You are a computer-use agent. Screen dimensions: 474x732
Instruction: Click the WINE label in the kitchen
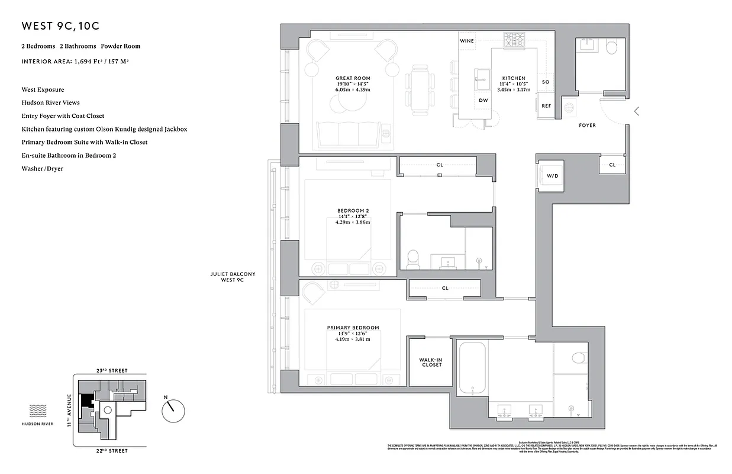click(467, 41)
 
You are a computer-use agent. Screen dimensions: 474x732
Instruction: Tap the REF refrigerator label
click(546, 106)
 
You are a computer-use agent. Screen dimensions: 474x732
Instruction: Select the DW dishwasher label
click(483, 101)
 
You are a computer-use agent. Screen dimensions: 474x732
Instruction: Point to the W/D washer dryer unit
click(552, 176)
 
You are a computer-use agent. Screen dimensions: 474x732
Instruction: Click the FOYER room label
click(587, 126)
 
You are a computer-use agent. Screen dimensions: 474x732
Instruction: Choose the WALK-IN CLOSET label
click(430, 362)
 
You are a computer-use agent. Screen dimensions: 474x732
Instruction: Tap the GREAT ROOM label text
click(353, 78)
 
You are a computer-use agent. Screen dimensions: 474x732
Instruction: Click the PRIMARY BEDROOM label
click(353, 328)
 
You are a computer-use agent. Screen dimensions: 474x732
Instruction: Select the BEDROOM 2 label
click(353, 211)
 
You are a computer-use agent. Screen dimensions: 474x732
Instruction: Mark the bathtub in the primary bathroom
click(472, 368)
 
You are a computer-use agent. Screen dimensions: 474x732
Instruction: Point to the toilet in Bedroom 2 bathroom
click(413, 259)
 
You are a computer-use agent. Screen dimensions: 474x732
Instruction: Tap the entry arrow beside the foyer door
click(637, 111)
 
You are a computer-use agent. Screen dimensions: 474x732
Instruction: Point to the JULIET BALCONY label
click(233, 277)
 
